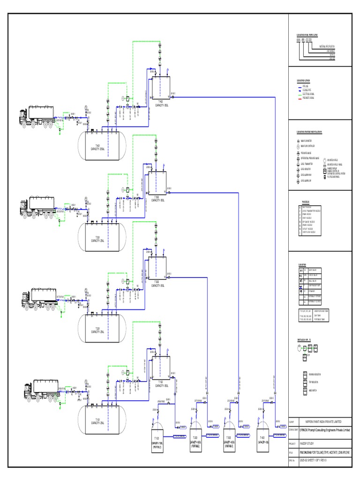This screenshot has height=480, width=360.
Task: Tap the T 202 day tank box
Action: point(156,270)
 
